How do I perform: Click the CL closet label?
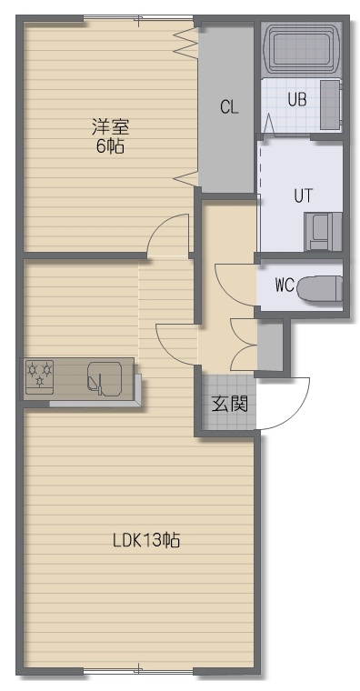click(229, 107)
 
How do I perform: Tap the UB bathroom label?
click(297, 100)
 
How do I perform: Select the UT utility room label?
click(304, 195)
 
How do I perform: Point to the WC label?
click(285, 285)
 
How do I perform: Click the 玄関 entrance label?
click(229, 403)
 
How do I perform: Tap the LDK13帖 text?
click(146, 539)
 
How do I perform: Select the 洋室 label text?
click(110, 127)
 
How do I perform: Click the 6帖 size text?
click(110, 145)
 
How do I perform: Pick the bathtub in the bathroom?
click(302, 49)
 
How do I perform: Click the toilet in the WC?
click(319, 288)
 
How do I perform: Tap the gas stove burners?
click(40, 376)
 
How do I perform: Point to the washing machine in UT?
click(323, 232)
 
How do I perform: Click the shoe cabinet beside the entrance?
click(270, 345)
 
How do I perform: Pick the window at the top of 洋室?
click(138, 18)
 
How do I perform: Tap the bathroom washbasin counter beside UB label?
click(330, 105)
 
